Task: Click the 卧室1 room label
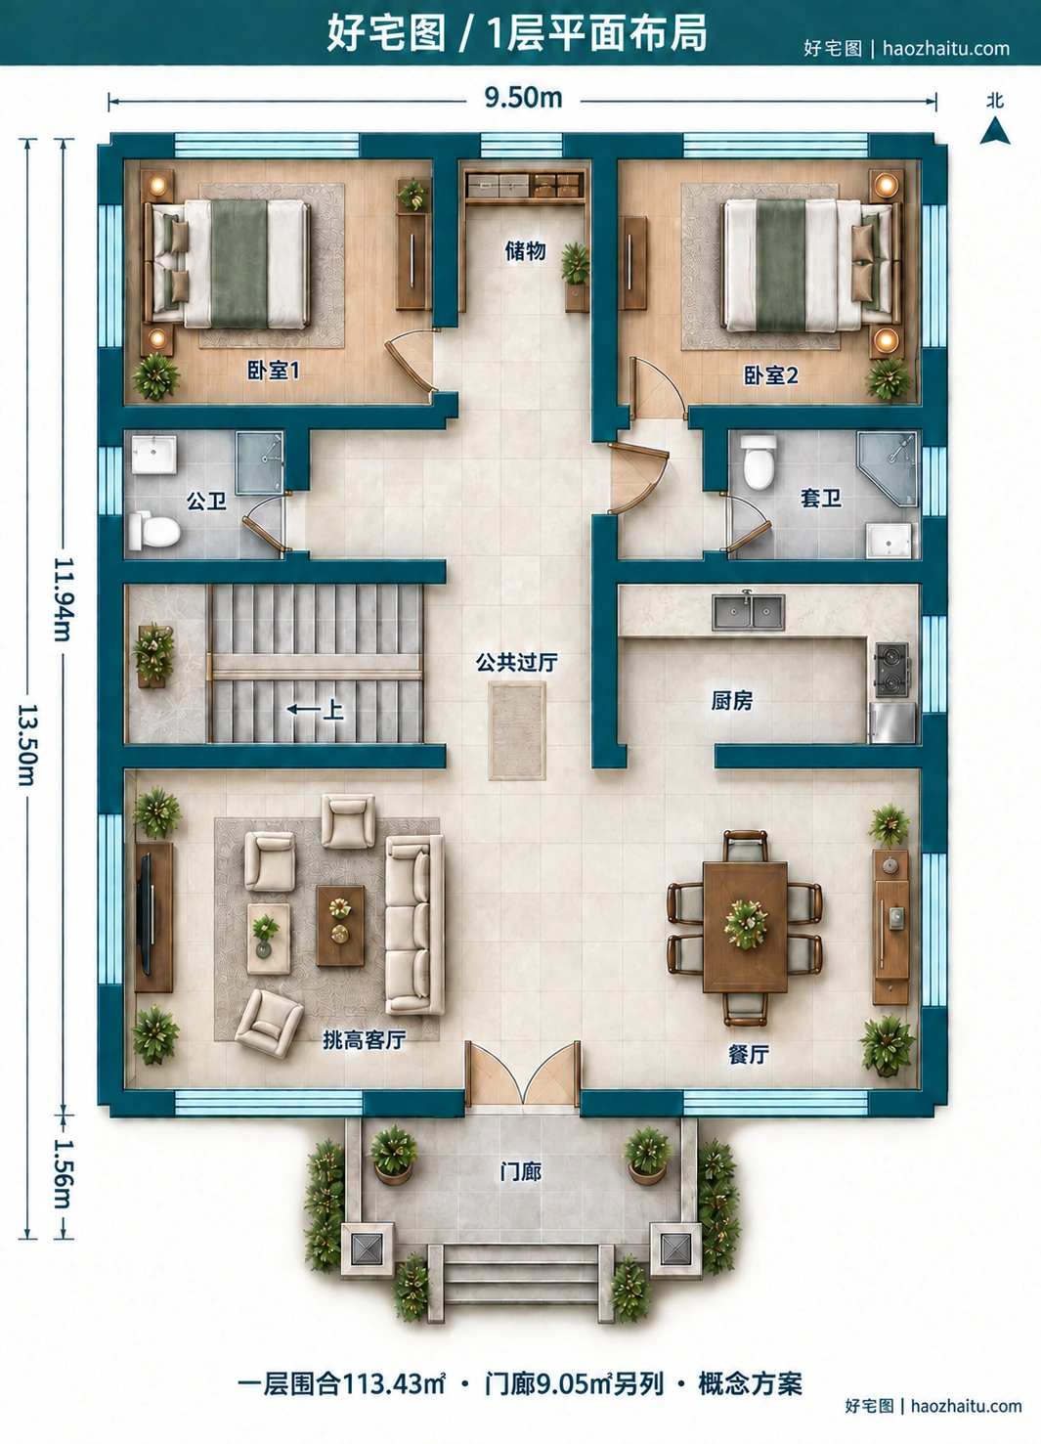[274, 371]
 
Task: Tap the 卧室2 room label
[771, 375]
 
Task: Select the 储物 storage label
[525, 250]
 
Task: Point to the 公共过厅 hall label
[517, 662]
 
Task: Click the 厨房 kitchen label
[731, 700]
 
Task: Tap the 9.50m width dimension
[523, 98]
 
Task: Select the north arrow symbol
[995, 130]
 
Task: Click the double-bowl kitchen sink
[749, 612]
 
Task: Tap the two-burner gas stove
[892, 669]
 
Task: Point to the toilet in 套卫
[759, 461]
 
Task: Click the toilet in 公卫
[154, 531]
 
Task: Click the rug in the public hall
[517, 730]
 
